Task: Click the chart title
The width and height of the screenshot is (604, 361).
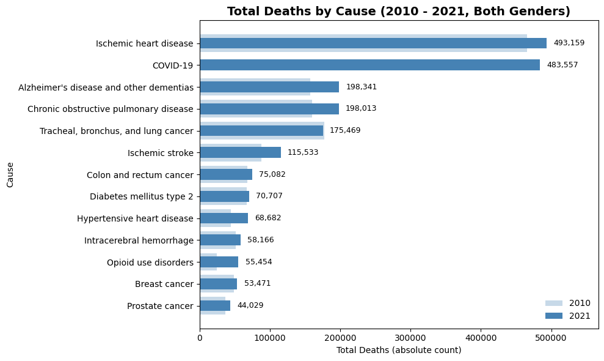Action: (x=398, y=11)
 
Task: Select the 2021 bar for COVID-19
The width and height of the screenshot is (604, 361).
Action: (x=370, y=65)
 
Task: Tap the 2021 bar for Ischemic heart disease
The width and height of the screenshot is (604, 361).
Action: (x=373, y=43)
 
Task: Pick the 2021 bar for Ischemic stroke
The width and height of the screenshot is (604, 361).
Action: (x=241, y=152)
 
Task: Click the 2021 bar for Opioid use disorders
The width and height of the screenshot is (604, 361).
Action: (x=219, y=262)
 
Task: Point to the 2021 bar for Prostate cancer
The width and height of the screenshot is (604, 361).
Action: (x=216, y=306)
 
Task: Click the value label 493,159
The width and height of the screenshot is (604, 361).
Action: (x=569, y=43)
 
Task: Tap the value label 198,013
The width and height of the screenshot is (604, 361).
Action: (x=361, y=108)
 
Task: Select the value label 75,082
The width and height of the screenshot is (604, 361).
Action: (x=272, y=174)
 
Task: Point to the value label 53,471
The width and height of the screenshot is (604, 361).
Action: (x=257, y=283)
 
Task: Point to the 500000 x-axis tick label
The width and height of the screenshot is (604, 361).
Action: (x=551, y=338)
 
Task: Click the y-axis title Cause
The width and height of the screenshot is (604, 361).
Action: (x=10, y=175)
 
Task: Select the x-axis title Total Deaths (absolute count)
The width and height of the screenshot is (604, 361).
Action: (x=399, y=350)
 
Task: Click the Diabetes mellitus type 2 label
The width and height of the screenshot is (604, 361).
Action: (x=141, y=196)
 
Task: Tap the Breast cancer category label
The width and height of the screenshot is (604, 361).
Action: (x=164, y=284)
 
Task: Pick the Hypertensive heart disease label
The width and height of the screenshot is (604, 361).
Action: (x=135, y=218)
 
